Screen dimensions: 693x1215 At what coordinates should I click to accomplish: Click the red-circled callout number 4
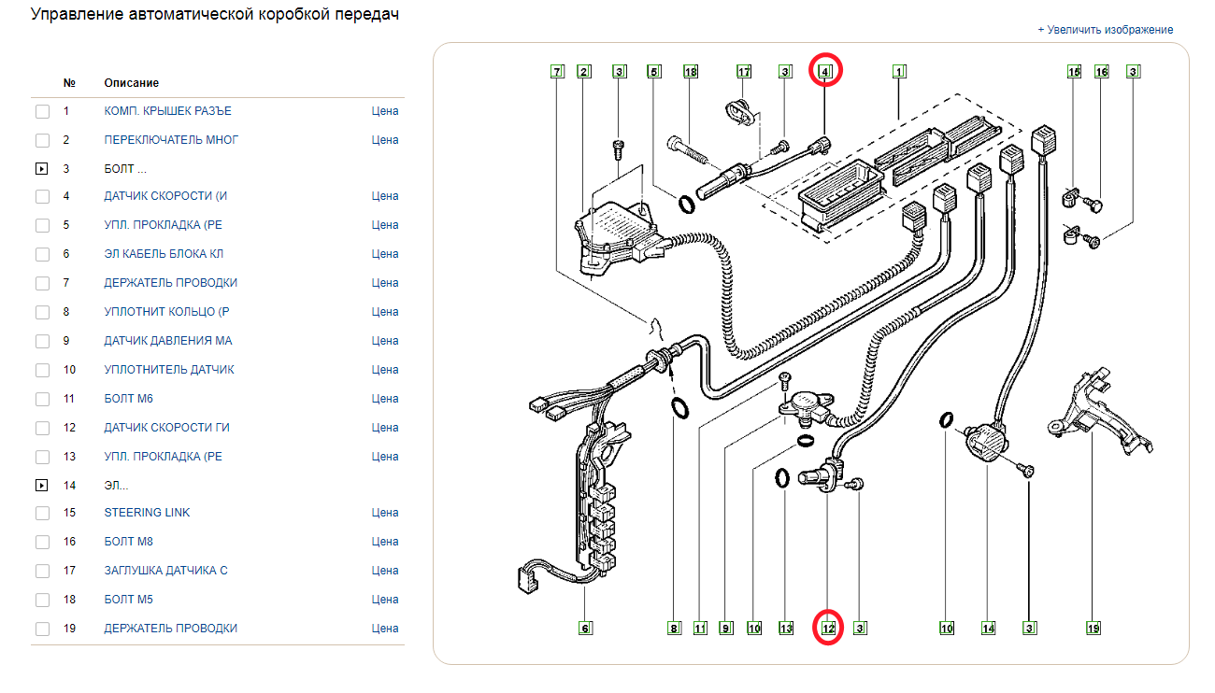pos(824,71)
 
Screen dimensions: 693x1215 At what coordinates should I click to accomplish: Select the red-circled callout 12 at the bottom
pos(828,629)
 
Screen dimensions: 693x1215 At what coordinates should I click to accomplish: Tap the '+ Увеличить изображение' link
pos(1105,30)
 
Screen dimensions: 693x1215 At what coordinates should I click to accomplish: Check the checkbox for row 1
pos(42,112)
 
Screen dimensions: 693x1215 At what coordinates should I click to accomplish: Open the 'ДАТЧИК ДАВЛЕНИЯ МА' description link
pos(168,341)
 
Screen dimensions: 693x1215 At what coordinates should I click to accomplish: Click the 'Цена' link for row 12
pos(384,428)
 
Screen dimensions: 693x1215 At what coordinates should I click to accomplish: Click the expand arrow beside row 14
pos(42,486)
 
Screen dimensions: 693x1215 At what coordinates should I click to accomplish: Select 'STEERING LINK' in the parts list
pos(147,513)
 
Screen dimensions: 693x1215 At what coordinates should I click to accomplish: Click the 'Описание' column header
pos(131,83)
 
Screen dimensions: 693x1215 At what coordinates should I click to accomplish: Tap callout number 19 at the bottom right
pos(1093,629)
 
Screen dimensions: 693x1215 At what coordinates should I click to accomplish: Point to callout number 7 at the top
pos(557,71)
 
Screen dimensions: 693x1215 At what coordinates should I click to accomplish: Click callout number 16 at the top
pos(1101,71)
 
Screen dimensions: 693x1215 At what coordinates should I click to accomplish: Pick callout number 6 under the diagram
pos(585,629)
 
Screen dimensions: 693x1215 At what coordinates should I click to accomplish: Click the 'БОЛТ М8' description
pos(129,542)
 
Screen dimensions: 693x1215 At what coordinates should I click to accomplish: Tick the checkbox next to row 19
pos(42,629)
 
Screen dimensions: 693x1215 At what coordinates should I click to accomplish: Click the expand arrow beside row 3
pos(42,170)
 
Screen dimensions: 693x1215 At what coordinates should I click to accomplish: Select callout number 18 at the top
pos(691,71)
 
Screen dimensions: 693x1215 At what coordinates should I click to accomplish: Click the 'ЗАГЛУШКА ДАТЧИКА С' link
pos(165,571)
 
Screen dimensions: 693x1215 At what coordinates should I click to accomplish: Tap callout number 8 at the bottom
pos(674,629)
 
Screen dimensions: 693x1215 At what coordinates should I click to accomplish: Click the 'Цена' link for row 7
pos(384,283)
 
